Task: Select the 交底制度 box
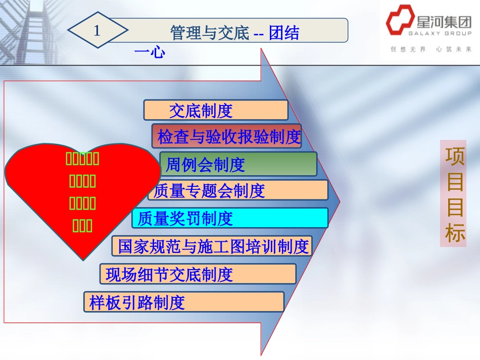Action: pyautogui.click(x=215, y=110)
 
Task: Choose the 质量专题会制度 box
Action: pyautogui.click(x=238, y=190)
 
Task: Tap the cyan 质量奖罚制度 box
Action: pyautogui.click(x=230, y=218)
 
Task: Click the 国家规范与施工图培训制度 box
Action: pyautogui.click(x=212, y=246)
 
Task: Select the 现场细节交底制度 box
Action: pyautogui.click(x=198, y=274)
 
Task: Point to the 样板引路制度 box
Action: pyautogui.click(x=183, y=302)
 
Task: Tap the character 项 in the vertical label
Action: pyautogui.click(x=454, y=157)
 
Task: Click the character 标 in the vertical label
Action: pyautogui.click(x=454, y=233)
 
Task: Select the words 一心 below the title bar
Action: pyautogui.click(x=150, y=52)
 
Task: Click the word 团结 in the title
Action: pyautogui.click(x=284, y=33)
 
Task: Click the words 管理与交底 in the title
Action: pyautogui.click(x=210, y=33)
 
